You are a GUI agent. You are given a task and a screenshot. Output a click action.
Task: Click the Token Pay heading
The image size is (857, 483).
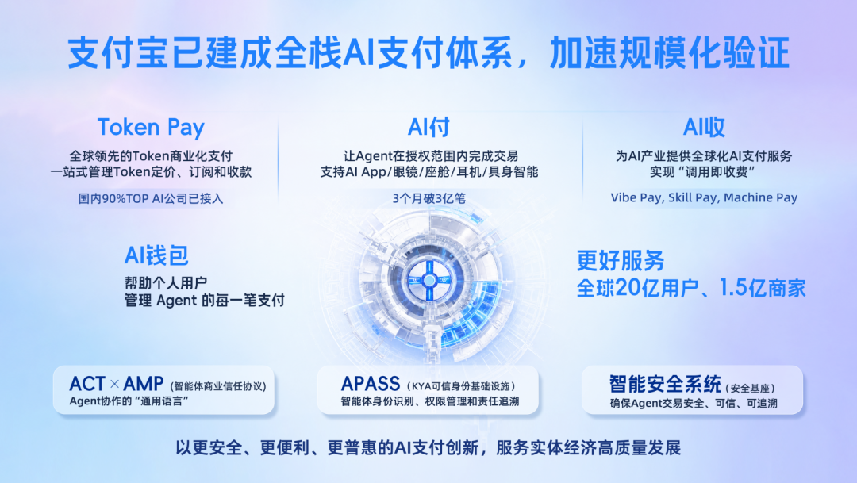[151, 128]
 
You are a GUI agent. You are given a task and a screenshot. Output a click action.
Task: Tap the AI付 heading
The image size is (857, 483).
[428, 128]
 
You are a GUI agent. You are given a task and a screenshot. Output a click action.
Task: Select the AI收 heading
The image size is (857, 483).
[704, 128]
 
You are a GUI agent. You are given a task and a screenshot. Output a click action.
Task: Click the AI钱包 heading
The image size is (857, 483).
[156, 255]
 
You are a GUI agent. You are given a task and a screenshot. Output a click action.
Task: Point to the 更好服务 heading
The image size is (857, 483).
[621, 261]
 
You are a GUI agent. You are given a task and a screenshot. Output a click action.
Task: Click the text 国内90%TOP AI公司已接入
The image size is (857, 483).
[150, 198]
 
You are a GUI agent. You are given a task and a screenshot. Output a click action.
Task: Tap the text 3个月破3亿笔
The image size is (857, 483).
[429, 198]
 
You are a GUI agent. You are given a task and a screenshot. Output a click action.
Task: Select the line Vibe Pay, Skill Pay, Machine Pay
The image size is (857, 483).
[704, 197]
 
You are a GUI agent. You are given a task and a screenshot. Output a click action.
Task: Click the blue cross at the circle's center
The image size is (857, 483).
[429, 280]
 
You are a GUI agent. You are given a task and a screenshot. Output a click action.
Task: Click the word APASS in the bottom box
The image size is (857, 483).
[371, 384]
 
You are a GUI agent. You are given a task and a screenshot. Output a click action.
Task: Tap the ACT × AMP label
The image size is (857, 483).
[117, 384]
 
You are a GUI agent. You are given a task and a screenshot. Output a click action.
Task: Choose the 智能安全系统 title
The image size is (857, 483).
[665, 384]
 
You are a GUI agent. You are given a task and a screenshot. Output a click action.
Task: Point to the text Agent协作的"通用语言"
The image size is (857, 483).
[129, 401]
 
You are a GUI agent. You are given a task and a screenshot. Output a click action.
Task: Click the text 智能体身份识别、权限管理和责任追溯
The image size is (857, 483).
[429, 401]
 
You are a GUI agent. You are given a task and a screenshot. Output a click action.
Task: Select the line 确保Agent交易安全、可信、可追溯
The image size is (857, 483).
[693, 403]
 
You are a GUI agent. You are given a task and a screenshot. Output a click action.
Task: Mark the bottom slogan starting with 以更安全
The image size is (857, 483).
[428, 448]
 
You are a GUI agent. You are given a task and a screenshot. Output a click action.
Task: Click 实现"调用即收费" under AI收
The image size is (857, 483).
[703, 172]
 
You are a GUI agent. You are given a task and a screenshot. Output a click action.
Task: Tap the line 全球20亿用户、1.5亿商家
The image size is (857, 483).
[691, 288]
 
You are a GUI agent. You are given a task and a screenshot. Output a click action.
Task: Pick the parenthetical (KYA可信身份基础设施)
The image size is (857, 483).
[461, 386]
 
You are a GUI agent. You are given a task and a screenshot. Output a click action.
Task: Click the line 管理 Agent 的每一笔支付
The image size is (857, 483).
[205, 301]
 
